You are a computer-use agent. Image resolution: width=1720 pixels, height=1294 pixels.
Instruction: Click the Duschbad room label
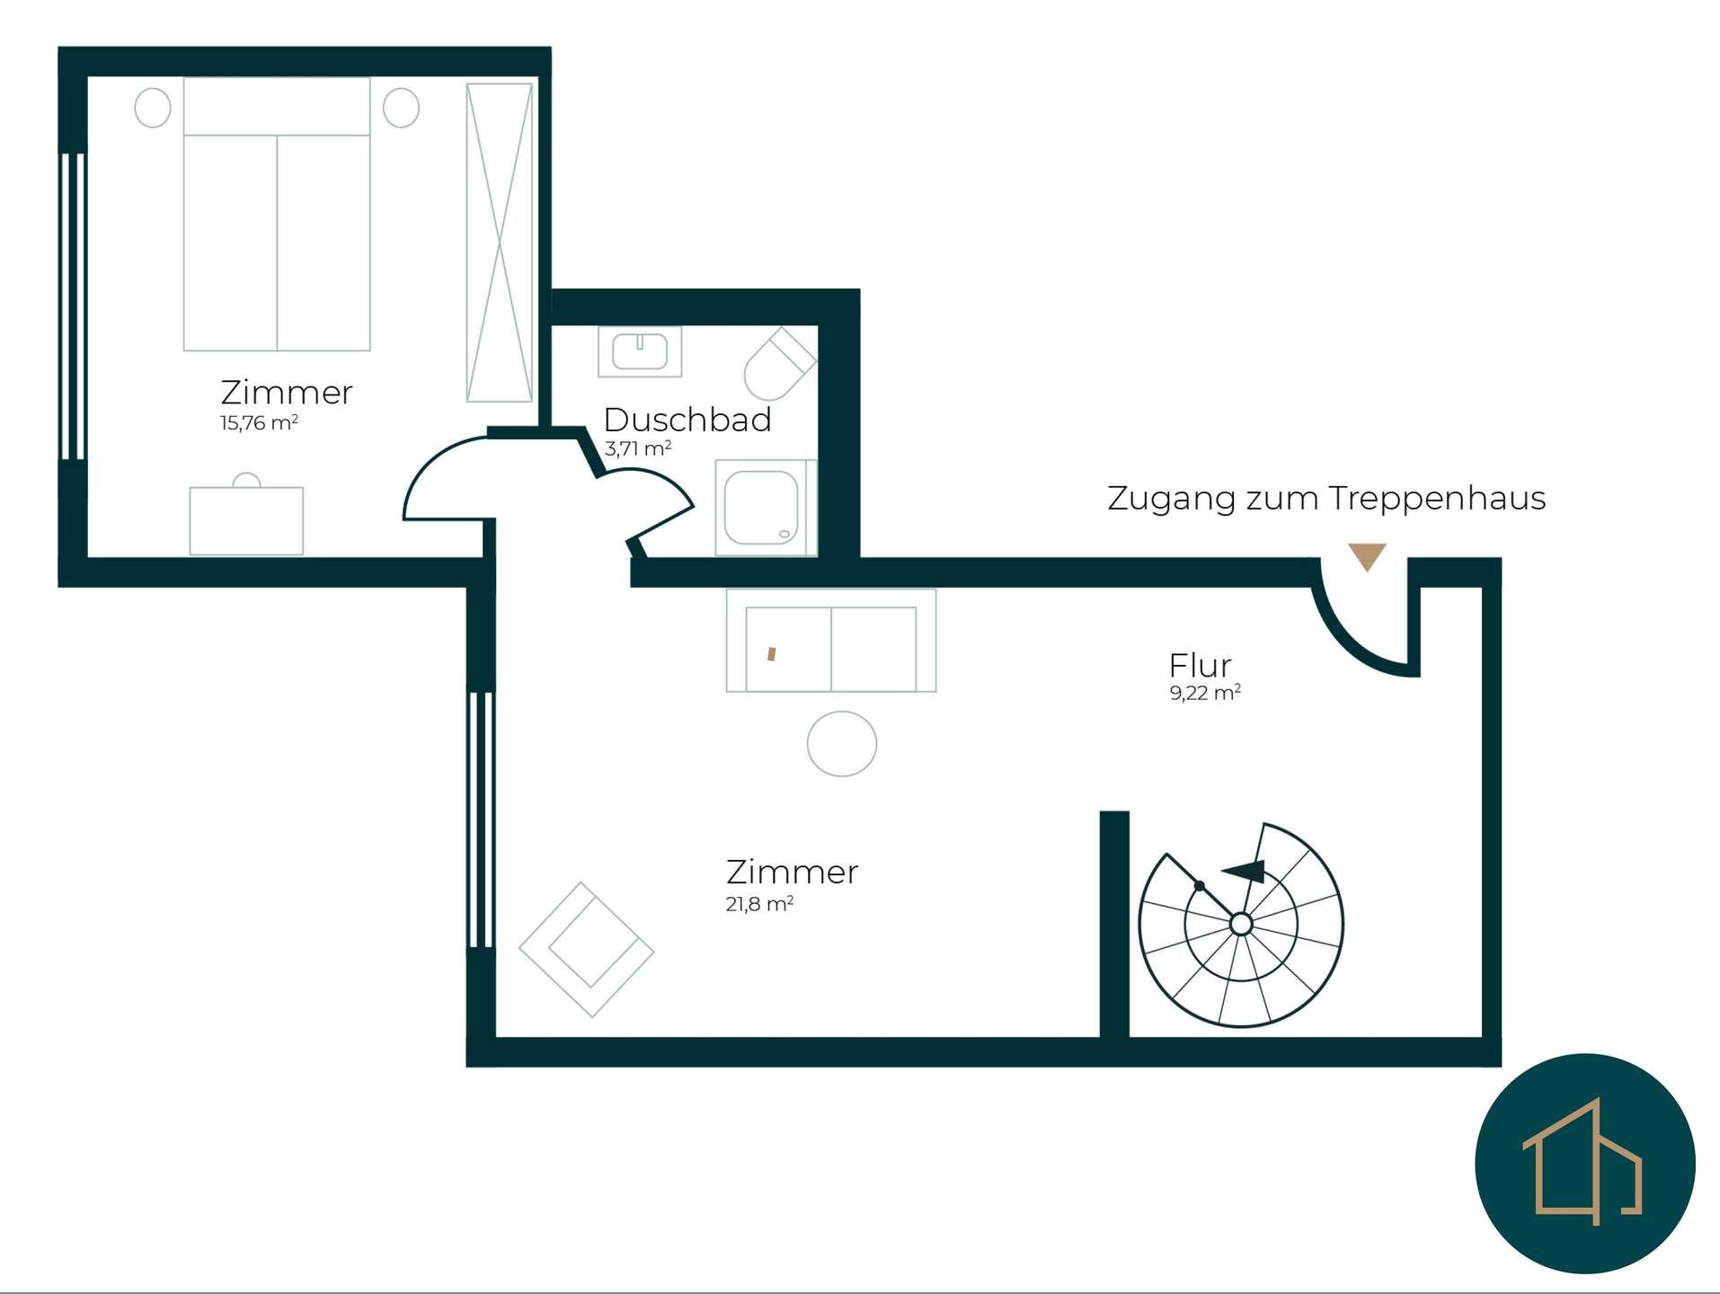[687, 420]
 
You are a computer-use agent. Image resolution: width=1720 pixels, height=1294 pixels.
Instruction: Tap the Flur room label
[1200, 666]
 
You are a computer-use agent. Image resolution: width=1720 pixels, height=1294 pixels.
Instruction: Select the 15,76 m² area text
[259, 422]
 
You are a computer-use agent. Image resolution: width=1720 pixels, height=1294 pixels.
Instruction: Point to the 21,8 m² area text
[759, 903]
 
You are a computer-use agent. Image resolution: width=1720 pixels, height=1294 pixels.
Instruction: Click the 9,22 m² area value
[1205, 692]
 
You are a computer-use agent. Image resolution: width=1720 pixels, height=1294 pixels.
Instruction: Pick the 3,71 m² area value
[638, 448]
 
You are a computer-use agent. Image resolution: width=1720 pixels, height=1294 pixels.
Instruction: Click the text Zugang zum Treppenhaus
[1326, 499]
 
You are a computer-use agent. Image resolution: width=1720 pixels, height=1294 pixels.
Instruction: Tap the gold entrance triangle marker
[1367, 556]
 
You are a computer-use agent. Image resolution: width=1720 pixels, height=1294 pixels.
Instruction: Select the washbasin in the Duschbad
[640, 351]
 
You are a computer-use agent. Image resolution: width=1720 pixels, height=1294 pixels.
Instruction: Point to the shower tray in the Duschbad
[762, 508]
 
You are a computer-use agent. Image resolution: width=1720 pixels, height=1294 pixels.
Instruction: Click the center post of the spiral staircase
[1241, 924]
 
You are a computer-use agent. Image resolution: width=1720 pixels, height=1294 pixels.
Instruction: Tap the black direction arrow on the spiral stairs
[1245, 871]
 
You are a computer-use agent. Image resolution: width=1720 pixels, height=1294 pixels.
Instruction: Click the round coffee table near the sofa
[842, 744]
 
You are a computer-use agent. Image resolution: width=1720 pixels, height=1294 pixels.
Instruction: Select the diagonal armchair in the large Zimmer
[586, 950]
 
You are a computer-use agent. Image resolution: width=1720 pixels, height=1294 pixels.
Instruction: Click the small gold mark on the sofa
[771, 654]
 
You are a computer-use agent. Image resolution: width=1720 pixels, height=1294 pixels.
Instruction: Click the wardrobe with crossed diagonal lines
[500, 243]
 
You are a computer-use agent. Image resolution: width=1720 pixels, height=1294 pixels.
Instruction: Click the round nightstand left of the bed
[153, 108]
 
